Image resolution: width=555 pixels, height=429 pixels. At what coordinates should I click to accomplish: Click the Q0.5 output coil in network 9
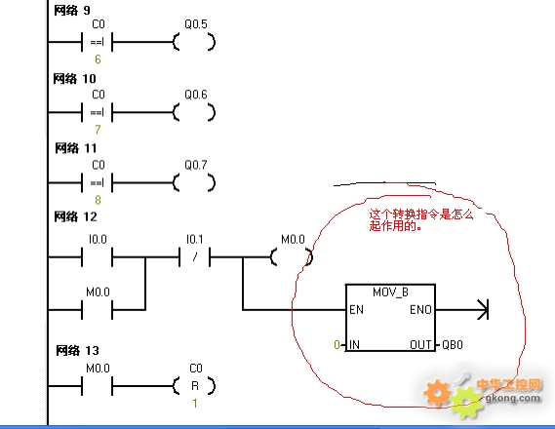(x=194, y=42)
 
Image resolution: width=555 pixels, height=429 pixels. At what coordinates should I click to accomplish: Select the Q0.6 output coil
(x=194, y=112)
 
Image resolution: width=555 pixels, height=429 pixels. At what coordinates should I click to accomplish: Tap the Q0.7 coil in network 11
(x=194, y=183)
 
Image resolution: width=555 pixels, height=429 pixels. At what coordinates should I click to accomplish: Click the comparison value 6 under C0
(x=99, y=59)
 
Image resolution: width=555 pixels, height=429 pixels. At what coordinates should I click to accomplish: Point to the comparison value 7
(x=99, y=130)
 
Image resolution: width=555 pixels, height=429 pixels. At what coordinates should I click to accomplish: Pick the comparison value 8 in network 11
(x=99, y=200)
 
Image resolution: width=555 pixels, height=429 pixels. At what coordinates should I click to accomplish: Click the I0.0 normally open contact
(x=98, y=257)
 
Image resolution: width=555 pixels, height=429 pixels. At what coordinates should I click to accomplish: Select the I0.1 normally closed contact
(x=195, y=257)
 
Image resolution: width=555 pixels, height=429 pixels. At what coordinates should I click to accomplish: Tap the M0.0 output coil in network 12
(x=292, y=257)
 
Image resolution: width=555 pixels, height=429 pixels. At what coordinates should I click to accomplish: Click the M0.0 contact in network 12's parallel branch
(x=98, y=310)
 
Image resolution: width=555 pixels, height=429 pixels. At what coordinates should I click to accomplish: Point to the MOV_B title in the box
(x=390, y=292)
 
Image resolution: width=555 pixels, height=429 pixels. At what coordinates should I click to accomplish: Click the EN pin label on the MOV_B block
(x=356, y=310)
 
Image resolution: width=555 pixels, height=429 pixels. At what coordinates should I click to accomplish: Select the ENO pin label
(x=420, y=310)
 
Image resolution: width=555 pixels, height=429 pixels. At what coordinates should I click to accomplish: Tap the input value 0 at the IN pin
(x=337, y=344)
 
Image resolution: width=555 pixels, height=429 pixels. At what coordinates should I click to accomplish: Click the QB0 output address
(x=453, y=344)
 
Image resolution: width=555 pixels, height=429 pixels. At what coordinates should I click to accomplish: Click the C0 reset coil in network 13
(x=194, y=385)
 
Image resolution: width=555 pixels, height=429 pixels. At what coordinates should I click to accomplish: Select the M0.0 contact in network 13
(x=98, y=386)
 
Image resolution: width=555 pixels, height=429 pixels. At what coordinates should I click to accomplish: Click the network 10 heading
(x=75, y=79)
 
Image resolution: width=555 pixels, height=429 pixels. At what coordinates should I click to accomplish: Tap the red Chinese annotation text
(x=421, y=219)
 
